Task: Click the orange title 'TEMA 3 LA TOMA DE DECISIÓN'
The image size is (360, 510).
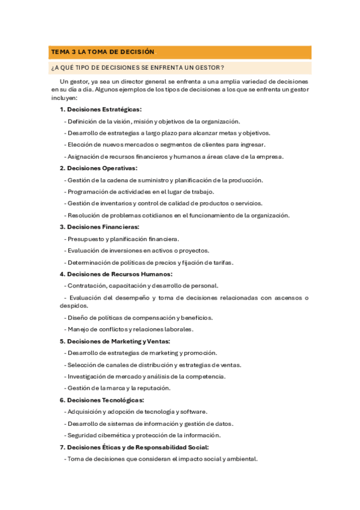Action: (103, 52)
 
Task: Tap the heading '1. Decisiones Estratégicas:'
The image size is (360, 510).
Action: (100, 109)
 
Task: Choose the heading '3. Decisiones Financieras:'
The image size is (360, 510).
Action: (99, 227)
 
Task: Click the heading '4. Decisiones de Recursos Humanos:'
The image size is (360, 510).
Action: (115, 274)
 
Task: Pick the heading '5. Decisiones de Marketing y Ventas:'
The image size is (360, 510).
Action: (118, 341)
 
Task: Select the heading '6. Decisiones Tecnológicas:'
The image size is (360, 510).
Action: (102, 400)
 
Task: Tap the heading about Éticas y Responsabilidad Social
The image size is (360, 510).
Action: (134, 447)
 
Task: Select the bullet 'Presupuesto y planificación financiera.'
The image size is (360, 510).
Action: (123, 239)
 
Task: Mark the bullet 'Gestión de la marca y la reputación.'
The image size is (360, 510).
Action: (119, 388)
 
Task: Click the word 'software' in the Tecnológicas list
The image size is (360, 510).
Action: (193, 411)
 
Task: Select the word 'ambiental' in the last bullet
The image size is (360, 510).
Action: (242, 458)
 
